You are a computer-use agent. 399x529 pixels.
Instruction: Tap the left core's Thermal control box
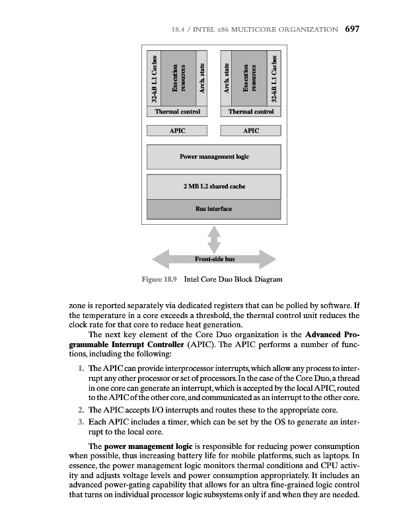[x=177, y=112]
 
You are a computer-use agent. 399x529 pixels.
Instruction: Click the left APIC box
[x=177, y=131]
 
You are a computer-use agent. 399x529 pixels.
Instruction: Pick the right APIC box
[x=250, y=131]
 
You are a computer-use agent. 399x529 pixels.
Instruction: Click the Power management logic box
[x=213, y=157]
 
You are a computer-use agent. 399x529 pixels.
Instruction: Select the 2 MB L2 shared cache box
[x=213, y=186]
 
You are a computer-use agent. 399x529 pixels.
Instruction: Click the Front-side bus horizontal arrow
[x=213, y=260]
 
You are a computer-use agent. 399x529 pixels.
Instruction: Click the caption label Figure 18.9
[x=159, y=280]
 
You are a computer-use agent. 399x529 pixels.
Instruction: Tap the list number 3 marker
[x=80, y=422]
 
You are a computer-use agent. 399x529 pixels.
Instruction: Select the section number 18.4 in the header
[x=177, y=29]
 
